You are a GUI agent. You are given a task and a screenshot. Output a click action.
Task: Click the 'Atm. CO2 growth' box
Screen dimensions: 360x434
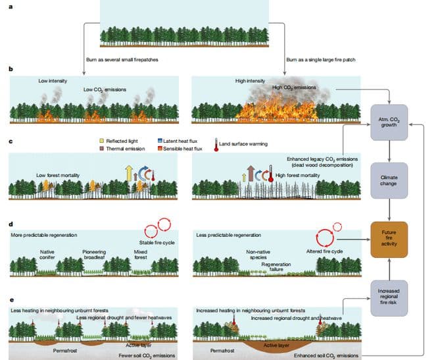point(391,120)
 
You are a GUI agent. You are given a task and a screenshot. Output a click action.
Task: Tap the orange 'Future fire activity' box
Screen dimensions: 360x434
point(391,236)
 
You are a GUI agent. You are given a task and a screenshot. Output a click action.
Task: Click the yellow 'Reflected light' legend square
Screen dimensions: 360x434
point(101,141)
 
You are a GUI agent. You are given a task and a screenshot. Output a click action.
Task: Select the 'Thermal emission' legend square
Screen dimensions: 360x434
point(101,149)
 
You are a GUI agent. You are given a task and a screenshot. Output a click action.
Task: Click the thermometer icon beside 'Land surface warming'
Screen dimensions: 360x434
point(216,143)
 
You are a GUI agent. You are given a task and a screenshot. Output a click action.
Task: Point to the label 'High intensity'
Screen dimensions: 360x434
point(251,80)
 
